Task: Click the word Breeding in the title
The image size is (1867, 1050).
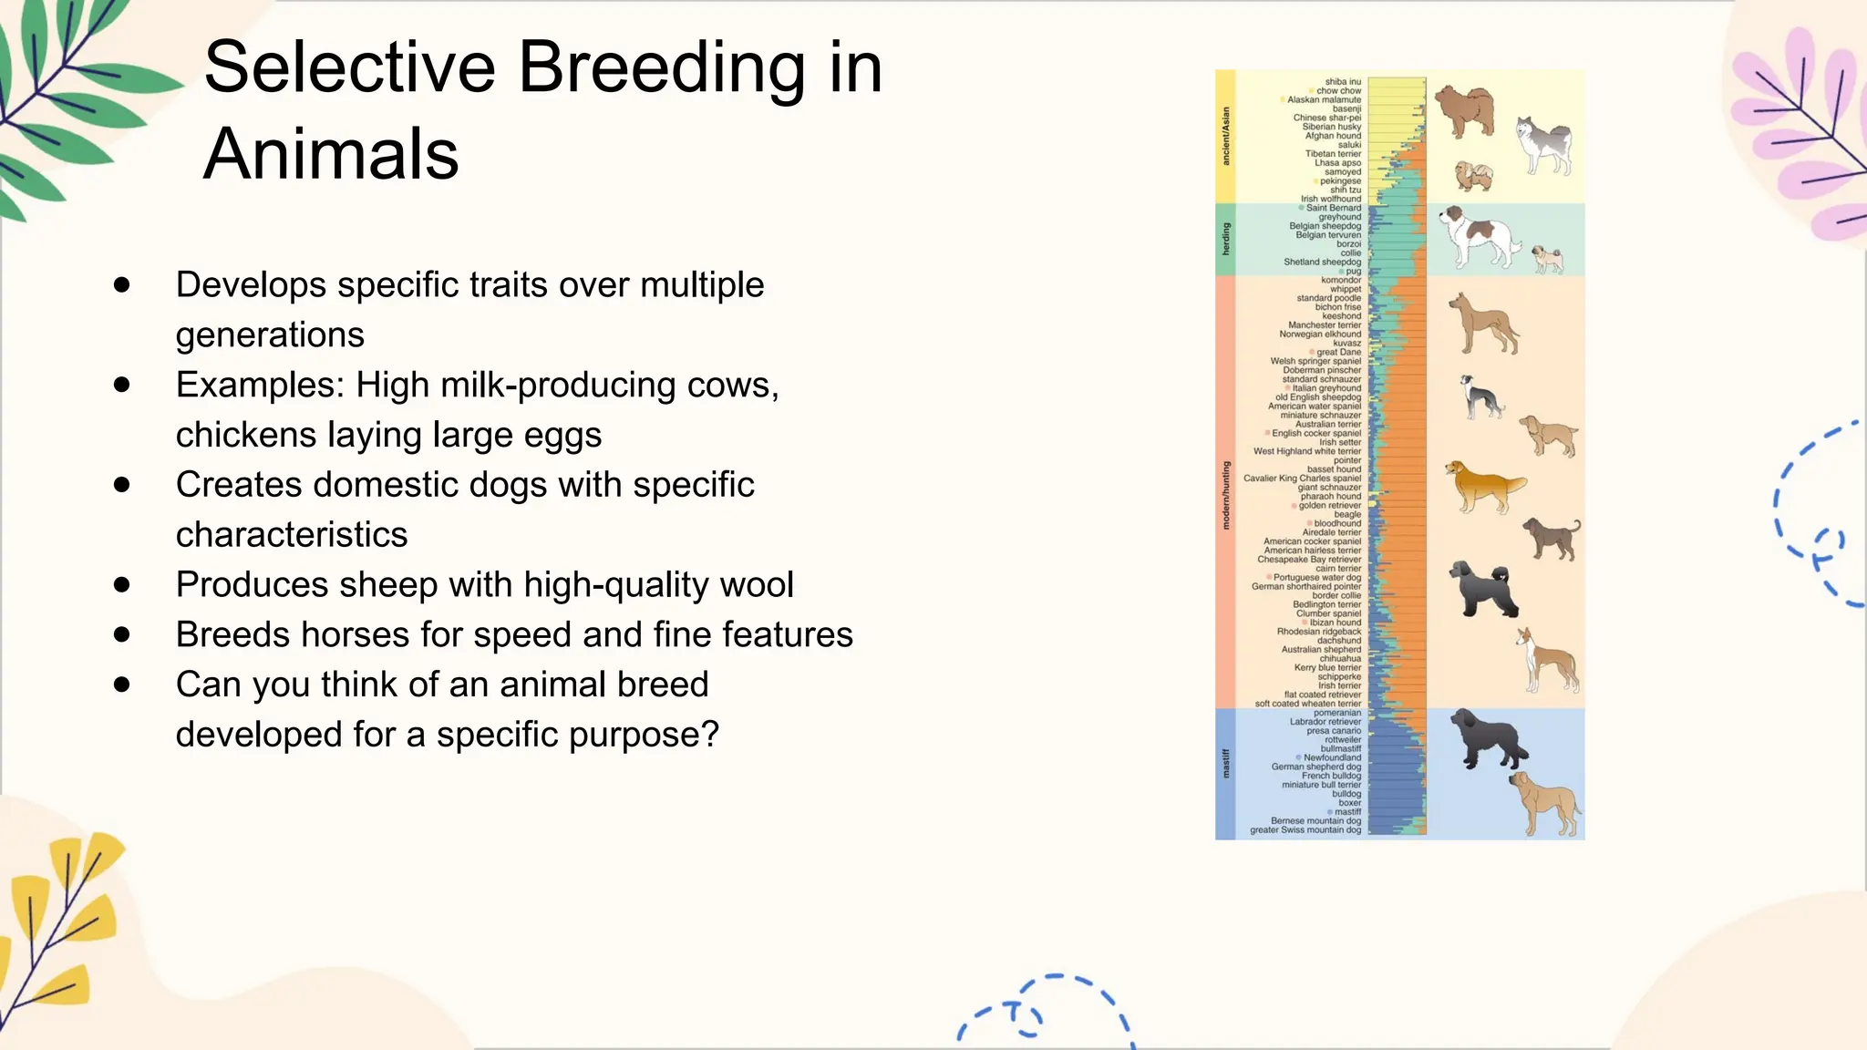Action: pos(662,69)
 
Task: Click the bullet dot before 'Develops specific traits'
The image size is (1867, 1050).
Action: pos(122,285)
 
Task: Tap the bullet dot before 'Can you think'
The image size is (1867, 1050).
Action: pos(122,685)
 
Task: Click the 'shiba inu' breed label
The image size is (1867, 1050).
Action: pos(1342,82)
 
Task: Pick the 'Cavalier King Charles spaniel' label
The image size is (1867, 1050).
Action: pos(1302,479)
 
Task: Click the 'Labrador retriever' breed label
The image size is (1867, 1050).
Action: pos(1325,722)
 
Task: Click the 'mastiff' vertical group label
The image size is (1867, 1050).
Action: pos(1225,764)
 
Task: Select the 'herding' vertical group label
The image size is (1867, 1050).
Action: pos(1225,239)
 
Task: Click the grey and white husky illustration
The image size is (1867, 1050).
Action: pos(1542,144)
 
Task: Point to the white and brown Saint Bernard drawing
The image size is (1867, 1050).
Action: pos(1477,237)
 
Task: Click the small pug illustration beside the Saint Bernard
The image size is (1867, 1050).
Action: pos(1547,259)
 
